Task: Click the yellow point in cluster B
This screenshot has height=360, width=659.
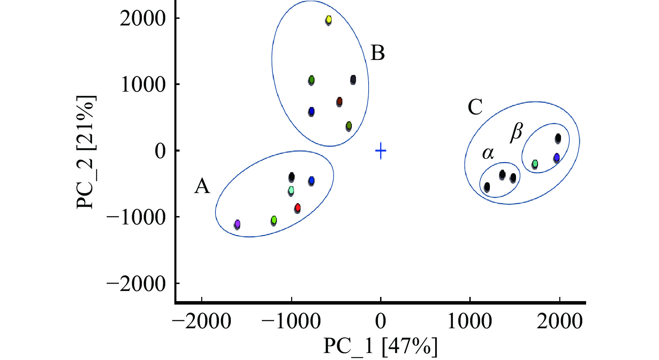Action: pyautogui.click(x=328, y=20)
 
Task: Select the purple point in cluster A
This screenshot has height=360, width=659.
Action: pyautogui.click(x=237, y=224)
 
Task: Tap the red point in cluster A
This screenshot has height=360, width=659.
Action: pyautogui.click(x=297, y=208)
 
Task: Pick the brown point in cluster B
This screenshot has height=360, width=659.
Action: pyautogui.click(x=339, y=102)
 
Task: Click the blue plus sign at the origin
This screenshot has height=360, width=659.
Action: pyautogui.click(x=381, y=151)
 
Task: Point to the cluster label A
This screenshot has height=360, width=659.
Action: pyautogui.click(x=202, y=186)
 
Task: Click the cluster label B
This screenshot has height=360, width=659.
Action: pyautogui.click(x=378, y=53)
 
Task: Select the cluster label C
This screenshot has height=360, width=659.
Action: pyautogui.click(x=475, y=107)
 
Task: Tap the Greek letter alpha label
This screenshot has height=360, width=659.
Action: pyautogui.click(x=488, y=153)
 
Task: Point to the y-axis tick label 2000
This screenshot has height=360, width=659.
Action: pyautogui.click(x=143, y=18)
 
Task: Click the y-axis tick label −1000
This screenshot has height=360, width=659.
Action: pyautogui.click(x=136, y=217)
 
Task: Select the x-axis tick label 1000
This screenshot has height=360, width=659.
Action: pyautogui.click(x=470, y=321)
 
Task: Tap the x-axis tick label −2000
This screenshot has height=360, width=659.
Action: pyautogui.click(x=202, y=321)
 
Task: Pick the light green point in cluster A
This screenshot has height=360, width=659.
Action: pyautogui.click(x=274, y=220)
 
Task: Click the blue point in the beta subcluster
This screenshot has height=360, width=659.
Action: pyautogui.click(x=556, y=158)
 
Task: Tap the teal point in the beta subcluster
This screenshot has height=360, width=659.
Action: pyautogui.click(x=535, y=164)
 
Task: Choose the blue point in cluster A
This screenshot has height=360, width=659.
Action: pyautogui.click(x=311, y=181)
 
